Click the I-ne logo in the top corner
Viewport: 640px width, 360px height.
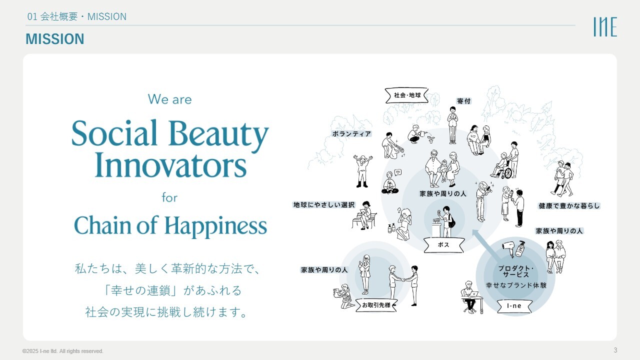click(605, 26)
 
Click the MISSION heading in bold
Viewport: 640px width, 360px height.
click(55, 39)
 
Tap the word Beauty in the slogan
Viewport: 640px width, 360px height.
click(218, 133)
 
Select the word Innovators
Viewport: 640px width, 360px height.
click(170, 165)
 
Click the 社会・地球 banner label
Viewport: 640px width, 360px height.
click(407, 95)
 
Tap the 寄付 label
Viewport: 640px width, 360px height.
click(463, 101)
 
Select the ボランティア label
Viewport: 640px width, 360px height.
click(351, 133)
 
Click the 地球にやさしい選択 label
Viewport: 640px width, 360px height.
click(324, 204)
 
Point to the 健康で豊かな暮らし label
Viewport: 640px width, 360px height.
click(569, 205)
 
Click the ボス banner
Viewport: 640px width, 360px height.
click(443, 245)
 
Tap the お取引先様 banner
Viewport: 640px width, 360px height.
click(376, 305)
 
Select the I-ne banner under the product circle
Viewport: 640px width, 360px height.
click(514, 306)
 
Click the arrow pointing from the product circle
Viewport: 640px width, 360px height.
click(487, 244)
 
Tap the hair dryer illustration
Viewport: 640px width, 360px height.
click(508, 247)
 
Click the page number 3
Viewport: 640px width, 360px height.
click(615, 350)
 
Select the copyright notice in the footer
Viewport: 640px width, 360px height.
click(63, 351)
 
